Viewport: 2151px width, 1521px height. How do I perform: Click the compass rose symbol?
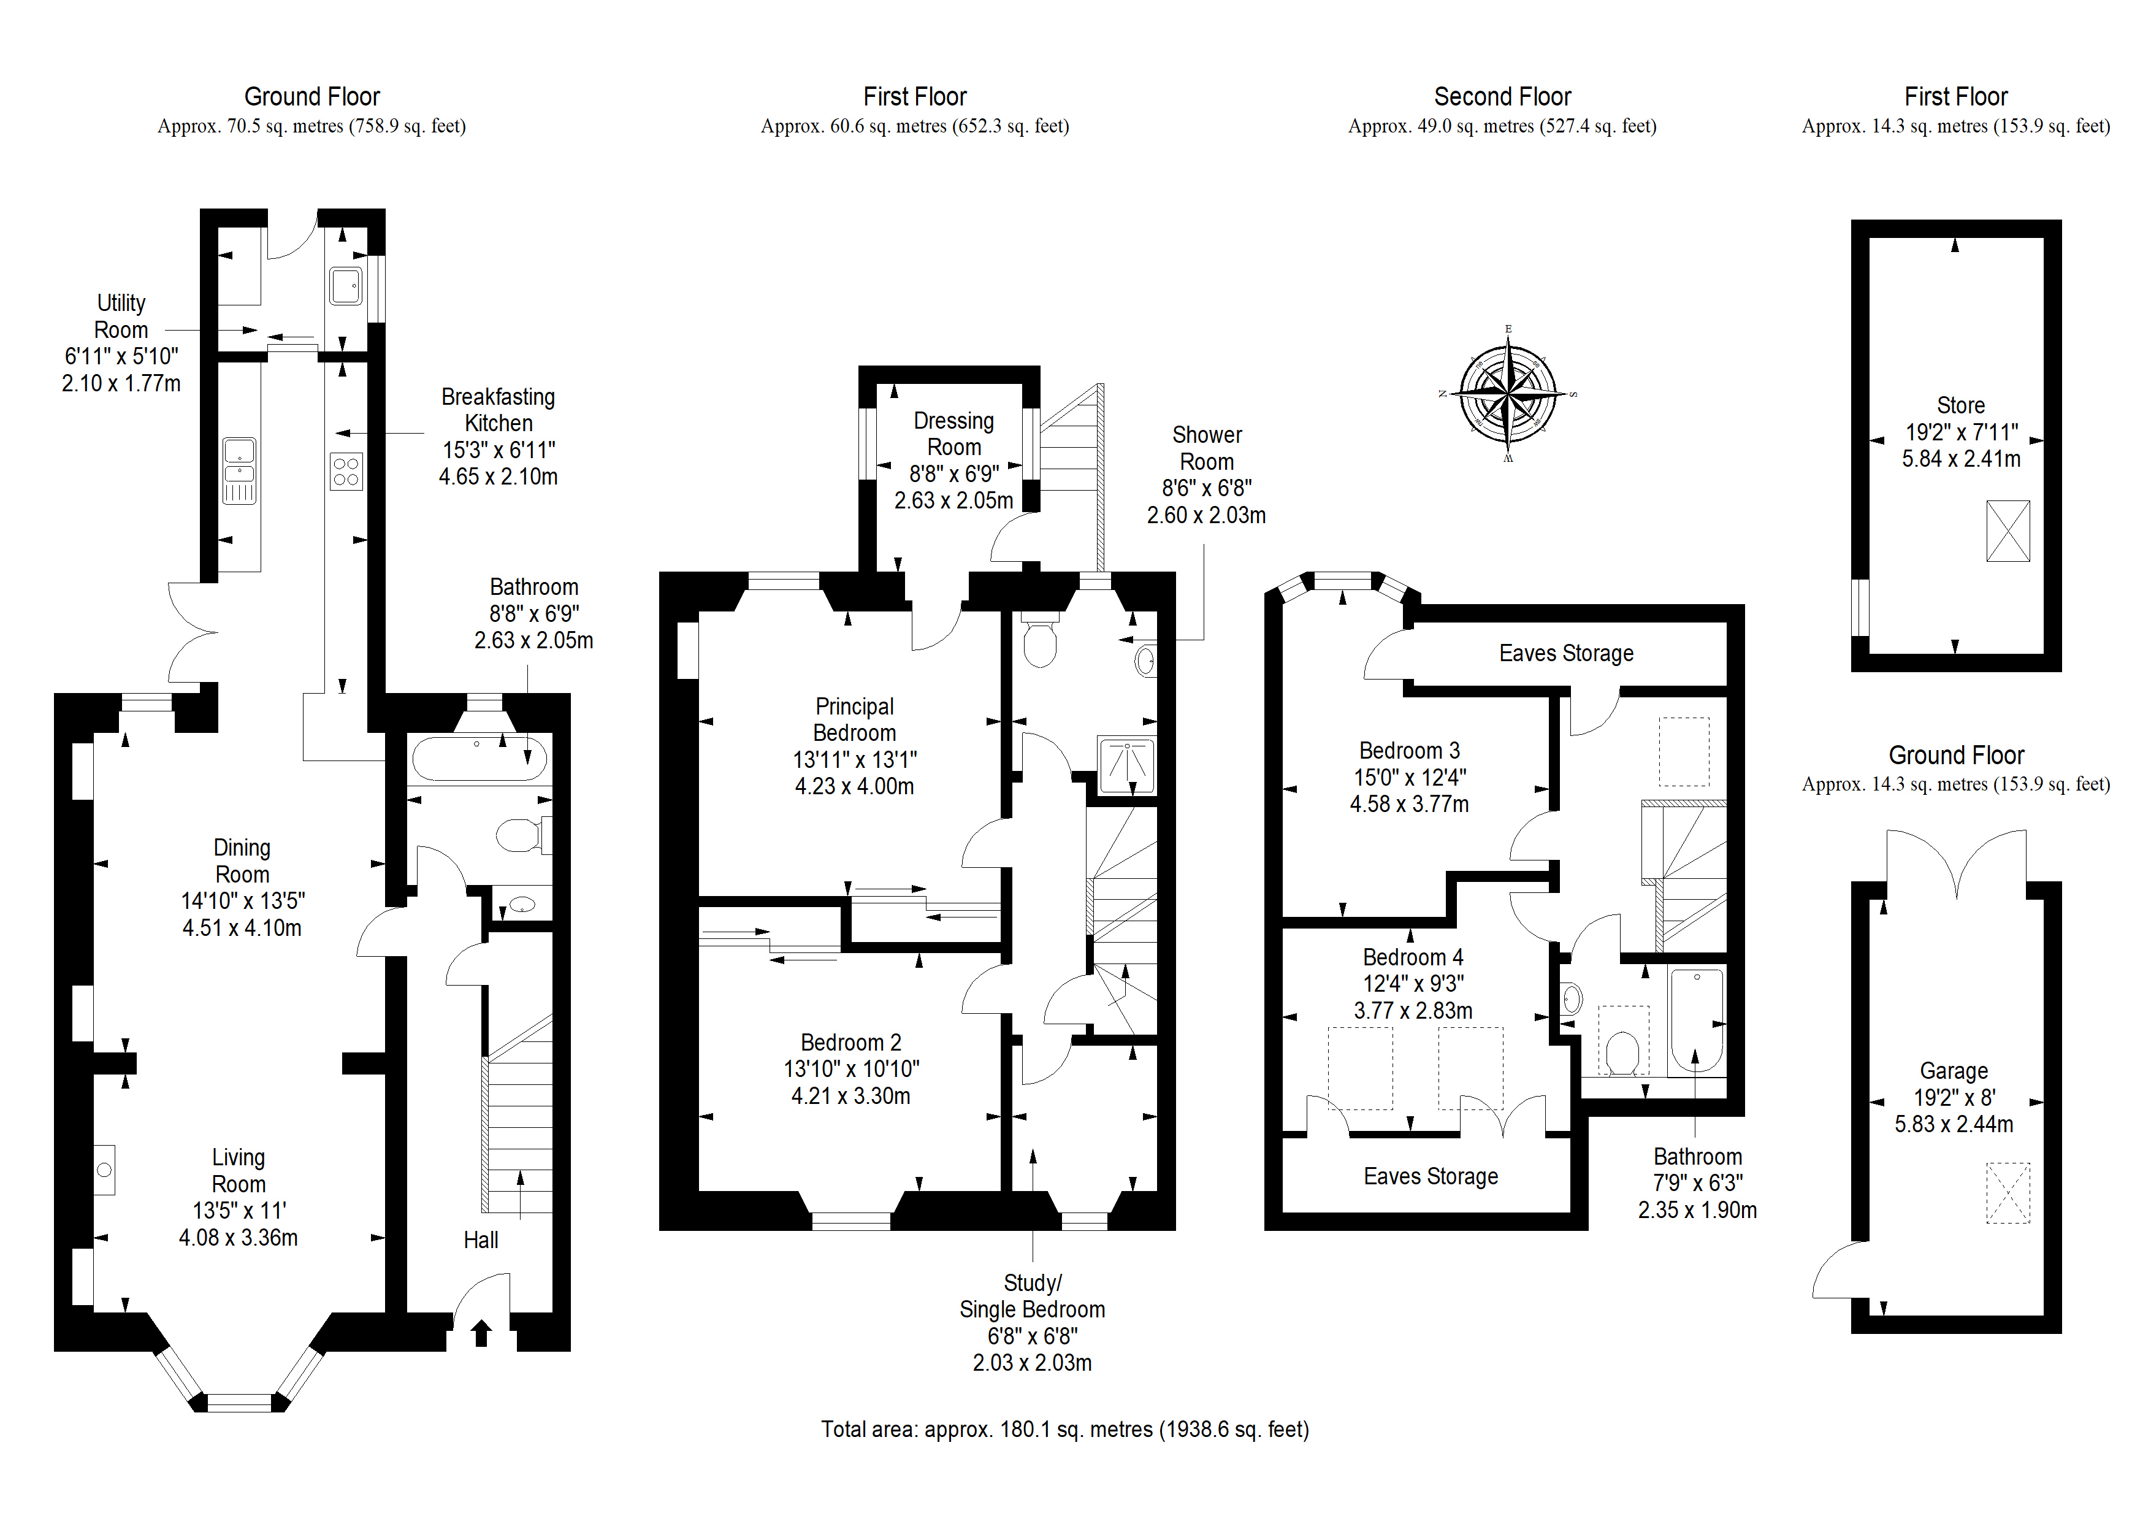(x=1507, y=394)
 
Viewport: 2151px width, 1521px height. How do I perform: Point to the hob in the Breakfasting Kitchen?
(x=346, y=472)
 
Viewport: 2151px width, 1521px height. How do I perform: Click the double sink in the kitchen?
(x=240, y=472)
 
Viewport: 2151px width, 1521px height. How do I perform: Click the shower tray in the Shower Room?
(x=1127, y=765)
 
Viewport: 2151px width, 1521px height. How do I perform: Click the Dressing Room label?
(x=953, y=434)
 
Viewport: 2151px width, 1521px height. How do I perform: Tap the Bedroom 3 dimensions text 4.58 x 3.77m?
(x=1409, y=804)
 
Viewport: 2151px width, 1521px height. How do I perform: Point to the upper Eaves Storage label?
(x=1567, y=653)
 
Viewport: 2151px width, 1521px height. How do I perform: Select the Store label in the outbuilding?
(x=1961, y=406)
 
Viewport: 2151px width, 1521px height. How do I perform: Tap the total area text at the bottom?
(x=1065, y=1429)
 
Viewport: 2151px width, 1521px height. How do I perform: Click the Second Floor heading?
(x=1503, y=96)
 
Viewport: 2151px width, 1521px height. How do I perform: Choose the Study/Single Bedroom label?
(x=1033, y=1296)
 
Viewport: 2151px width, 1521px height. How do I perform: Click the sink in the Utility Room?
(x=346, y=285)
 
